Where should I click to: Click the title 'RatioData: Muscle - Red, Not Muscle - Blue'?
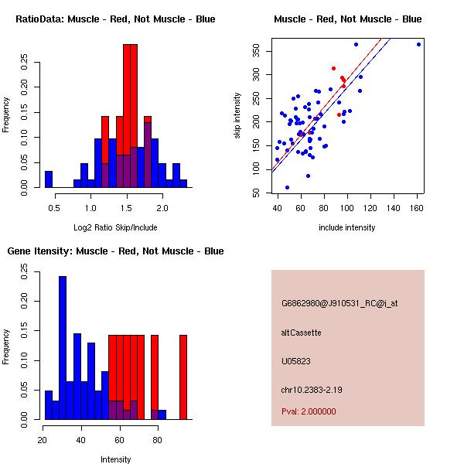pyautogui.click(x=115, y=19)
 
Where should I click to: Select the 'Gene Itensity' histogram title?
pyautogui.click(x=115, y=251)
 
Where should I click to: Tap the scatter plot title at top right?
pyautogui.click(x=347, y=19)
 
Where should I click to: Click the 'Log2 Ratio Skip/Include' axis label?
pyautogui.click(x=115, y=227)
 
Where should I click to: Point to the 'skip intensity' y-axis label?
pyautogui.click(x=237, y=116)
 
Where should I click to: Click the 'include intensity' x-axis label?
pyautogui.click(x=347, y=227)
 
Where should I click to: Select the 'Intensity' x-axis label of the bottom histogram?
pyautogui.click(x=115, y=459)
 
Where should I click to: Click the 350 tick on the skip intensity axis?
pyautogui.click(x=256, y=51)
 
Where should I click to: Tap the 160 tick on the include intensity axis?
pyautogui.click(x=418, y=208)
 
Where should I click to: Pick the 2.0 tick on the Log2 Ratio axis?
pyautogui.click(x=162, y=208)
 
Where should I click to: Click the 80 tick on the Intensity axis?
pyautogui.click(x=157, y=440)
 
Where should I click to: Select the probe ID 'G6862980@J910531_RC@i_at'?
pyautogui.click(x=339, y=304)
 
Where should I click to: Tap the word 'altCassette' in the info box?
pyautogui.click(x=302, y=333)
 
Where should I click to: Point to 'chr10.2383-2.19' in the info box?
pyautogui.click(x=311, y=389)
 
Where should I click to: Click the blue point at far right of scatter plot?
pyautogui.click(x=418, y=44)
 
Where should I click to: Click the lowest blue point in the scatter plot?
pyautogui.click(x=287, y=187)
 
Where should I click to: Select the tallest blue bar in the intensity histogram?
pyautogui.click(x=63, y=348)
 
